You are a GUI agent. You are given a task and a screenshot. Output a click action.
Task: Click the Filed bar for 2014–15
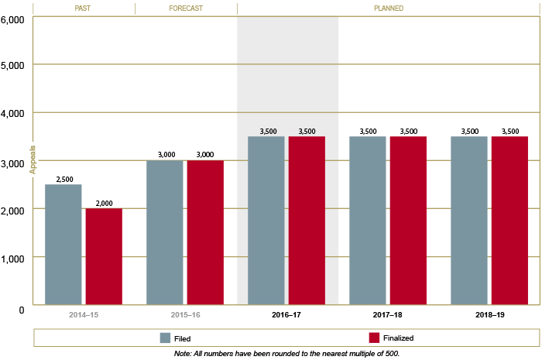pyautogui.click(x=63, y=245)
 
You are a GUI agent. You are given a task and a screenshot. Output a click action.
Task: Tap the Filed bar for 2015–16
pyautogui.click(x=165, y=232)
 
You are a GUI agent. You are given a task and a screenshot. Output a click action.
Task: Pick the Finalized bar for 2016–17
pyautogui.click(x=307, y=221)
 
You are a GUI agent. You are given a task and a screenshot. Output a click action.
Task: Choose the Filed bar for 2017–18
pyautogui.click(x=368, y=221)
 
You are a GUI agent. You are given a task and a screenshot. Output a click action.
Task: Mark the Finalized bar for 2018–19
pyautogui.click(x=509, y=221)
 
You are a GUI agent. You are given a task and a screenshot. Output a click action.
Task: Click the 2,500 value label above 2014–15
pyautogui.click(x=63, y=179)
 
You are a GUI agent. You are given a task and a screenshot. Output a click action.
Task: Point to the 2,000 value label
pyautogui.click(x=104, y=203)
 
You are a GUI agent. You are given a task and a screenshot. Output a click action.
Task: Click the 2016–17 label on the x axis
pyautogui.click(x=287, y=316)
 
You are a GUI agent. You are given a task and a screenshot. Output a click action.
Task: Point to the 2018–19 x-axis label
pyautogui.click(x=490, y=316)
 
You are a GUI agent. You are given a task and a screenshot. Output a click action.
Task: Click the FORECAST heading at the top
pyautogui.click(x=186, y=9)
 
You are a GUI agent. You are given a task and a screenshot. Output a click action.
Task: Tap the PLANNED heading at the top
pyautogui.click(x=389, y=9)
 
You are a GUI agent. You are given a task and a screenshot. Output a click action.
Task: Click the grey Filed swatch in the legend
pyautogui.click(x=165, y=338)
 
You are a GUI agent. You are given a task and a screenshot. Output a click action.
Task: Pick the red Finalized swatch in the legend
pyautogui.click(x=373, y=338)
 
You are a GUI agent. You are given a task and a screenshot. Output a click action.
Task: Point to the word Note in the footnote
pyautogui.click(x=184, y=353)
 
